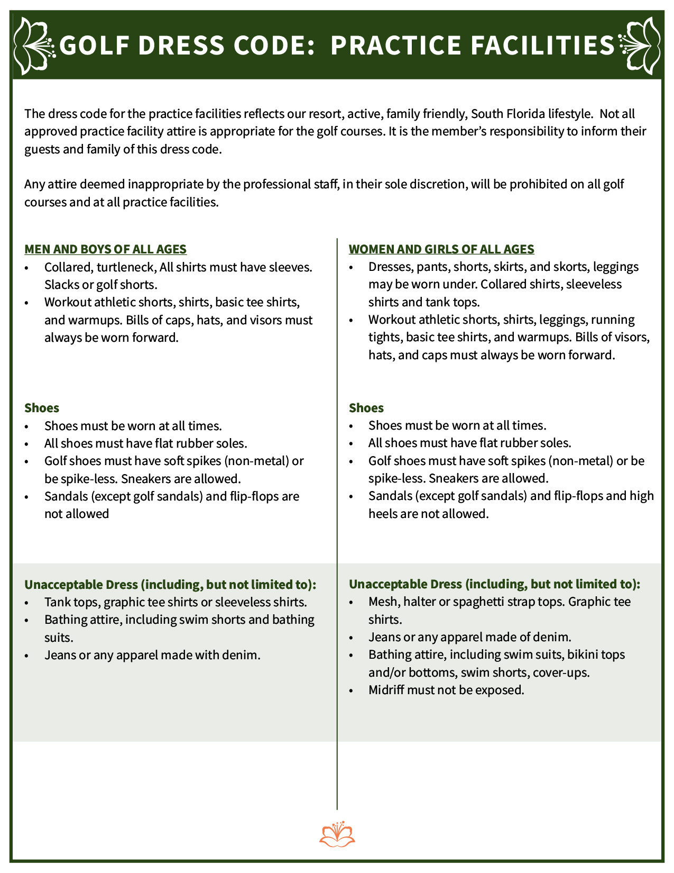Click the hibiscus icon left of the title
pyautogui.click(x=33, y=46)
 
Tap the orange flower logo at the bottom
pyautogui.click(x=337, y=834)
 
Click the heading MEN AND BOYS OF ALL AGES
pyautogui.click(x=106, y=249)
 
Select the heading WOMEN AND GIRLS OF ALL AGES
pyautogui.click(x=441, y=249)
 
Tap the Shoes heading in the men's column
pyautogui.click(x=42, y=408)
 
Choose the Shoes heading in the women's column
pyautogui.click(x=366, y=408)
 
